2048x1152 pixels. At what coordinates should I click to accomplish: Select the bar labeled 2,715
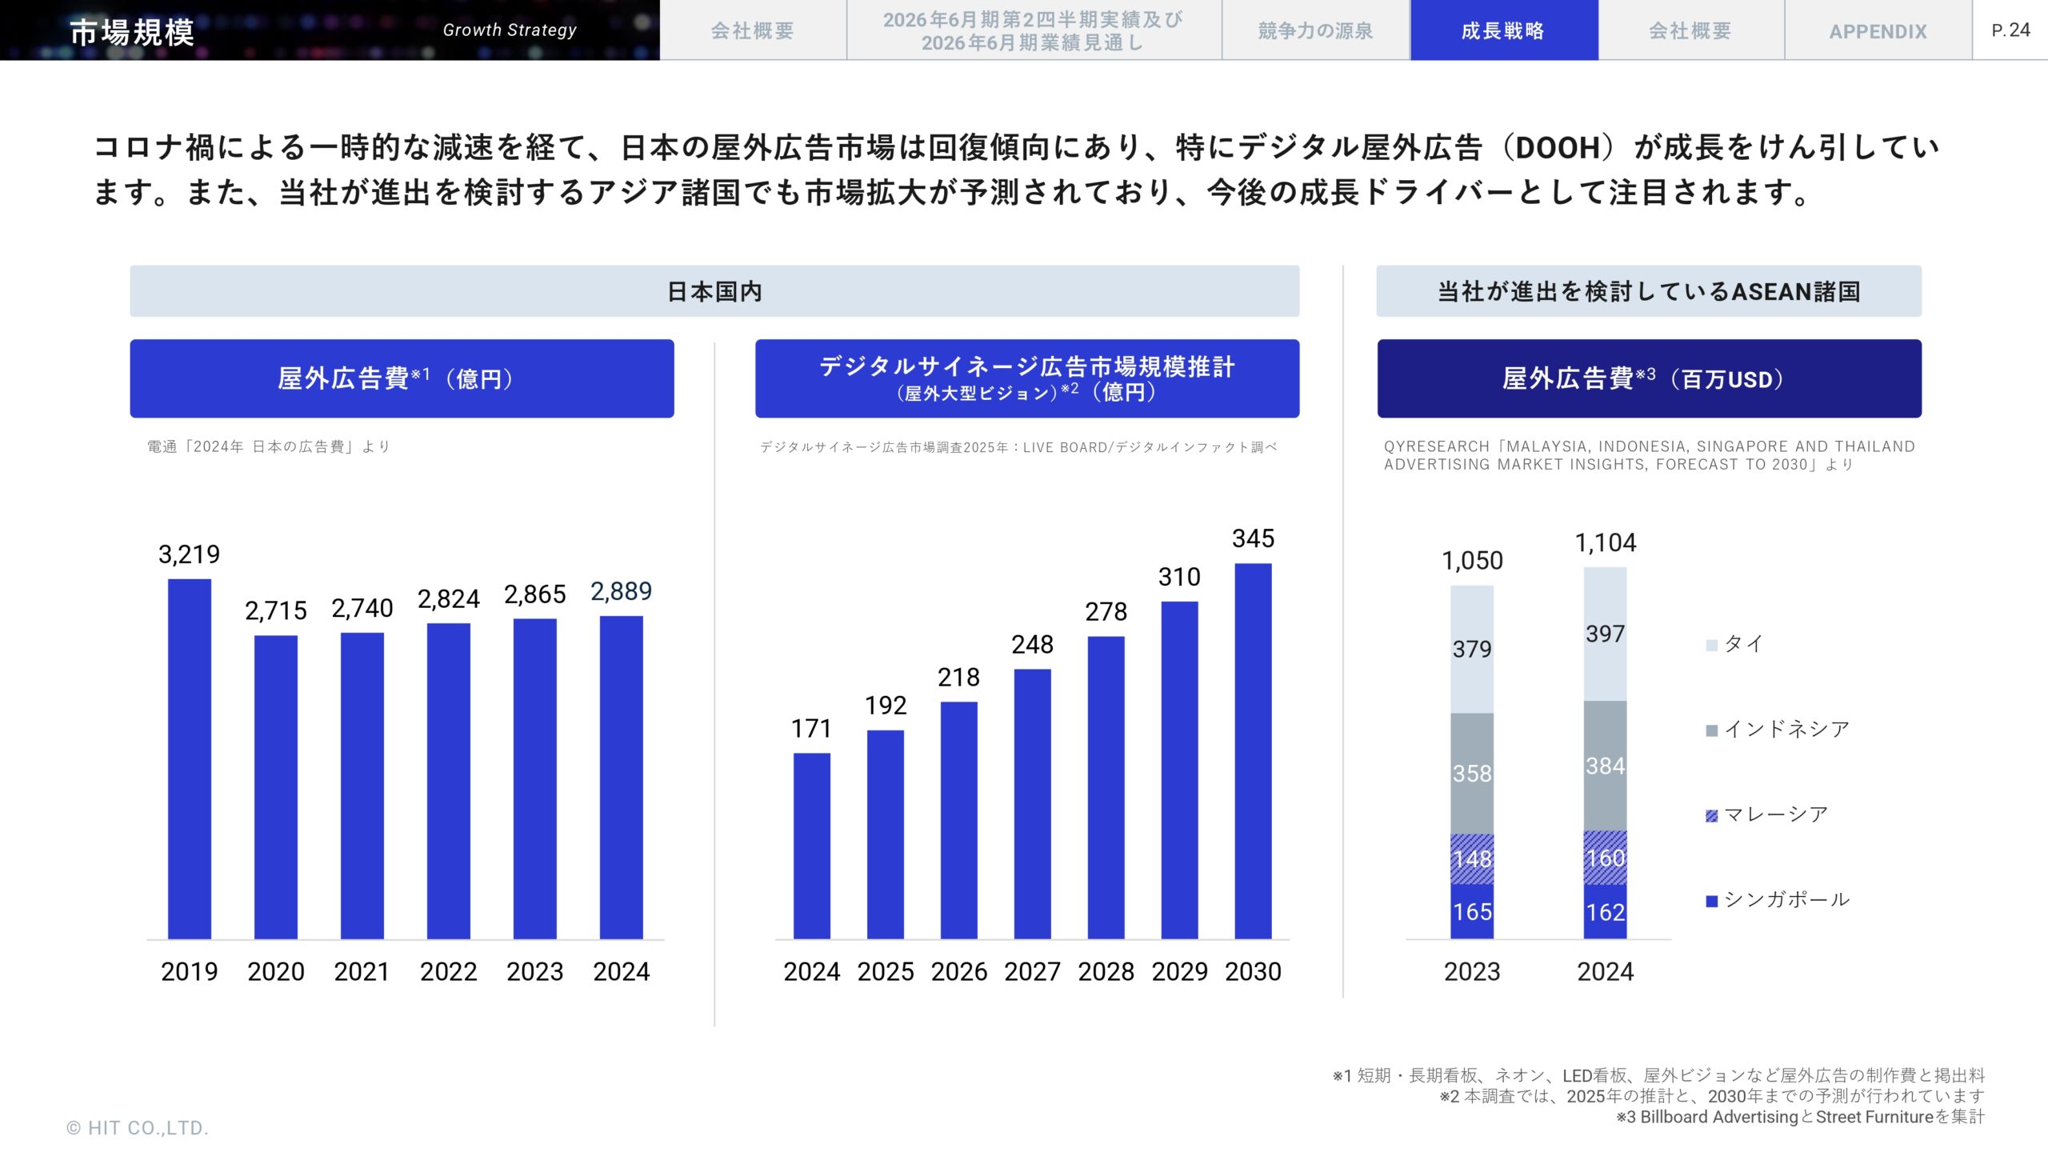[276, 787]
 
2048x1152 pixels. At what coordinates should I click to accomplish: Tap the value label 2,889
[621, 591]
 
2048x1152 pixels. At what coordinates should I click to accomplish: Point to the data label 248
[1032, 645]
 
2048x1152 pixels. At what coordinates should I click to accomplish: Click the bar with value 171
[811, 846]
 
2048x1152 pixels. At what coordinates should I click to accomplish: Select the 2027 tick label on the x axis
[1032, 971]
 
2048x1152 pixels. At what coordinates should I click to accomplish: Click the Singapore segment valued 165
[1472, 911]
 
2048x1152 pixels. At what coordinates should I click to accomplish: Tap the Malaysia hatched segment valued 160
[1605, 858]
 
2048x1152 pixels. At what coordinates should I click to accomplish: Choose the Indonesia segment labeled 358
[1472, 773]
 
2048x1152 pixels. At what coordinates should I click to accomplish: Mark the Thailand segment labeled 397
[1605, 634]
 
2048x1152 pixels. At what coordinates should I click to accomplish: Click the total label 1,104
[1605, 543]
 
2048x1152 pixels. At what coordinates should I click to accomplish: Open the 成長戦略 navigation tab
[1503, 30]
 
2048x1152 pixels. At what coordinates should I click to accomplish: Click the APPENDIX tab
[1878, 31]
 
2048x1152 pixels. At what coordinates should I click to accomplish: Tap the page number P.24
[2010, 30]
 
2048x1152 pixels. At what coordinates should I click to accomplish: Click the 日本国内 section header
[714, 291]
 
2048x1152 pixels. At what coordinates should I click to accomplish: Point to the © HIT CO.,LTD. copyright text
[138, 1128]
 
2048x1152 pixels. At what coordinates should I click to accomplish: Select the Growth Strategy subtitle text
[510, 30]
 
